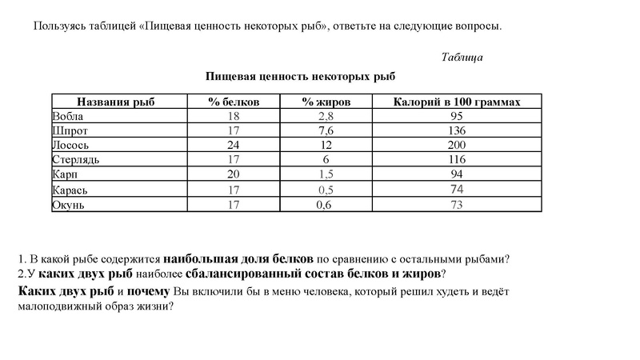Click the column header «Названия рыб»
[115, 102]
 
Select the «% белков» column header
[234, 102]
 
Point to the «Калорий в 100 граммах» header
[458, 102]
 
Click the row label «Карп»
[63, 174]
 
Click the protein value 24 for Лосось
[234, 145]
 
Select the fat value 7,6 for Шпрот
[326, 130]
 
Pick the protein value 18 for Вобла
[234, 116]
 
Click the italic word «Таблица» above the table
[462, 57]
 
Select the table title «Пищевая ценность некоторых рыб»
[301, 76]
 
